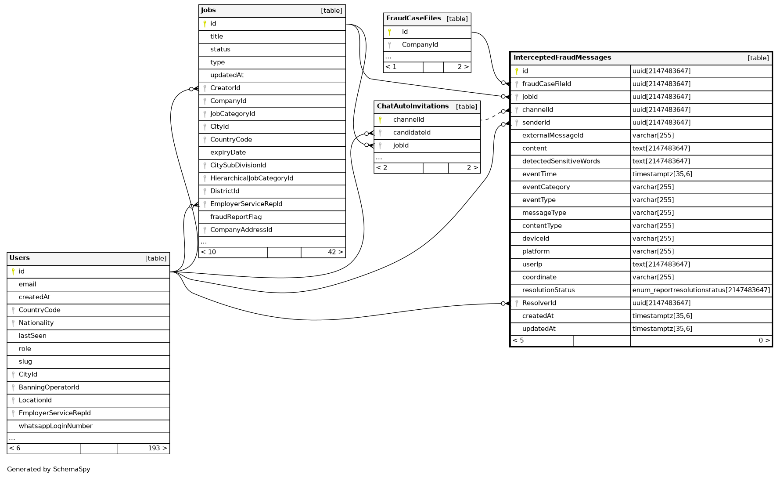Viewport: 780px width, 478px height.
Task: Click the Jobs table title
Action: coord(208,11)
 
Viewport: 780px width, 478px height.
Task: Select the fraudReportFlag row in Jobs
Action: coord(236,217)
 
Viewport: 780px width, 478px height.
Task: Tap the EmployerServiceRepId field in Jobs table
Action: coord(246,204)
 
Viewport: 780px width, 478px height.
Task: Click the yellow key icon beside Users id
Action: coord(13,272)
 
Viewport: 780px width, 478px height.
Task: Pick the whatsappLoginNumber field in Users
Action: coord(55,426)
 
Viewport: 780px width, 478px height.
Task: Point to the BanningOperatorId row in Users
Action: coord(49,387)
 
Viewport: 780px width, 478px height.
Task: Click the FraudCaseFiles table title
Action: coord(413,18)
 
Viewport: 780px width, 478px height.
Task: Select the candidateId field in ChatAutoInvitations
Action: coord(411,133)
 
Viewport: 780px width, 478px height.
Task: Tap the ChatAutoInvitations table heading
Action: coord(413,106)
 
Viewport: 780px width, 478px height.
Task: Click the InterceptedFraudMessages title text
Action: coord(562,58)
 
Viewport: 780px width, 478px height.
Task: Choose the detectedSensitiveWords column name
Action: coord(561,161)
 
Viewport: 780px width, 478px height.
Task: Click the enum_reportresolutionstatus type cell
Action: coord(701,290)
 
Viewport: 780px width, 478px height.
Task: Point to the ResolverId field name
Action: coord(539,303)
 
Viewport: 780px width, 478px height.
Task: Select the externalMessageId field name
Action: coord(553,135)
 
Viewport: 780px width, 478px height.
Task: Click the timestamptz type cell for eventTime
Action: coord(662,174)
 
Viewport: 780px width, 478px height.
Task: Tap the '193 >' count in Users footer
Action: coord(157,448)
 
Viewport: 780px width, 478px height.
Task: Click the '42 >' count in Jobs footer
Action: coord(335,252)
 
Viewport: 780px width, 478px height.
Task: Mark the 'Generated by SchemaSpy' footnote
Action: coord(49,469)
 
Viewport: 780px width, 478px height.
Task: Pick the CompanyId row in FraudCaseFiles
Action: coord(420,45)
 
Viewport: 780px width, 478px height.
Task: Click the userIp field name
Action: coord(532,264)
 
